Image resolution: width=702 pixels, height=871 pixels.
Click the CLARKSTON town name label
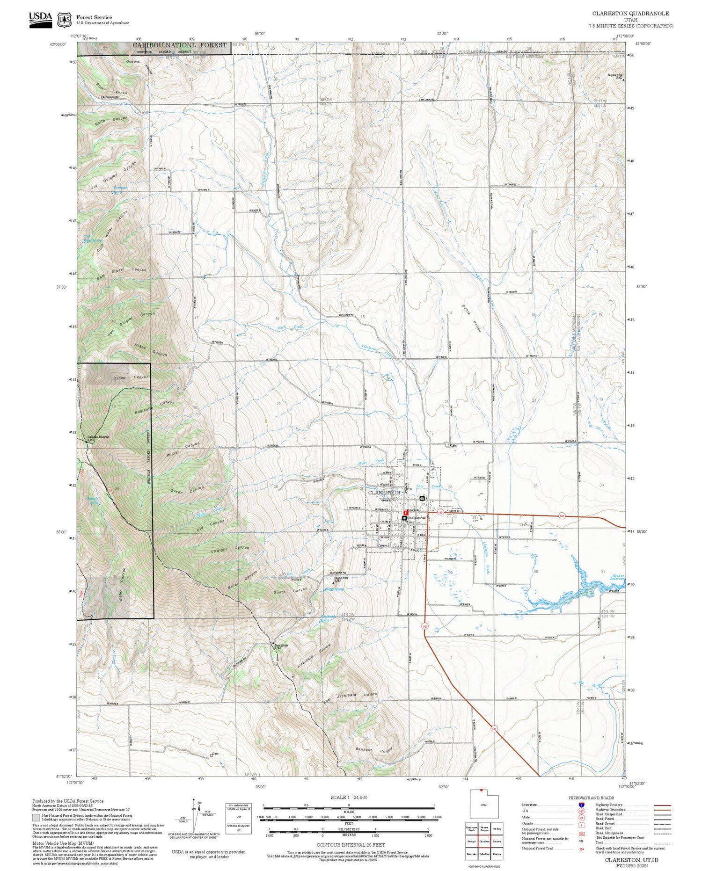pyautogui.click(x=384, y=493)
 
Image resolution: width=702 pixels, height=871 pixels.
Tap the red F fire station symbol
pyautogui.click(x=405, y=513)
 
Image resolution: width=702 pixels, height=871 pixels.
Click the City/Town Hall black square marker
pyautogui.click(x=404, y=518)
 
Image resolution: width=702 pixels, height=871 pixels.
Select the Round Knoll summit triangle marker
pyautogui.click(x=333, y=583)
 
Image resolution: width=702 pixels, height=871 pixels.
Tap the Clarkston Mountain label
pyautogui.click(x=98, y=438)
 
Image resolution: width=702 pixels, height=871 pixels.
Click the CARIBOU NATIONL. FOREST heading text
pyautogui.click(x=179, y=45)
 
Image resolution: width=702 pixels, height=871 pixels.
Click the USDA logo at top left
pyautogui.click(x=40, y=20)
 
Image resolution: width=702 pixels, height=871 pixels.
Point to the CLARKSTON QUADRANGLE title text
pyautogui.click(x=630, y=14)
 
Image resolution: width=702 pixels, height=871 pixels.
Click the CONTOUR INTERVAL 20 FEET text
pyautogui.click(x=351, y=845)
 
